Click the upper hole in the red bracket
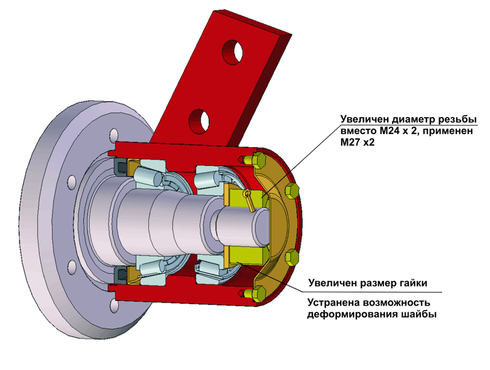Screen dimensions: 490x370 tap(232, 52)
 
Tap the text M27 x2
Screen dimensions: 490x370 tap(357, 143)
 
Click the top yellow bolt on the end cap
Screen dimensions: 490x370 tap(255, 160)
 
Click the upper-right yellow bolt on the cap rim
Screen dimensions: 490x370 tap(292, 191)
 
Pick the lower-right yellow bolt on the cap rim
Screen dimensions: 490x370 tap(293, 258)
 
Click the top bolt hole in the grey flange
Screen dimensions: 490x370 tap(114, 135)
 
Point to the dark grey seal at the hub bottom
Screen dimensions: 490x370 tap(121, 275)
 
